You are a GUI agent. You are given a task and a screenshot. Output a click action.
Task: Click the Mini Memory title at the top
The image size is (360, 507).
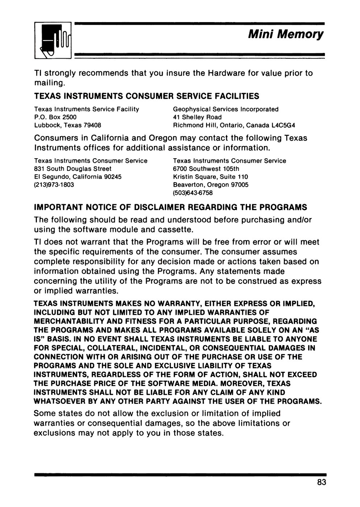tap(285, 35)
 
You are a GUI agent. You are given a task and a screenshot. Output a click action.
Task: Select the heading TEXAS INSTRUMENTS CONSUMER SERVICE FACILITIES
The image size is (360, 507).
tap(147, 96)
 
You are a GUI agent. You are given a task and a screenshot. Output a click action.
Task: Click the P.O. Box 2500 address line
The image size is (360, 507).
tap(55, 117)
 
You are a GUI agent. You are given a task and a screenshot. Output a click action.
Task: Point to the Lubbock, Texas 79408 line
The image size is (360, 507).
tap(67, 125)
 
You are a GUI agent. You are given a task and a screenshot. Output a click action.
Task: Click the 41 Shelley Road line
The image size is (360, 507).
tap(197, 117)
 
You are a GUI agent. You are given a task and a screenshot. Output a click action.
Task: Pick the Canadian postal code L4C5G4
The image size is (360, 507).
tap(283, 125)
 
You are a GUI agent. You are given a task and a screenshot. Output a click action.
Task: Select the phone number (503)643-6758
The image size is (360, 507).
tap(193, 193)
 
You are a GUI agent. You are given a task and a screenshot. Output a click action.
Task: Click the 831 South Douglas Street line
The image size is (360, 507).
tap(72, 169)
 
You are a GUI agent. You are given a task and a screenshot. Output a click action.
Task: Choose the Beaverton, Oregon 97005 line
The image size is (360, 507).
tap(211, 185)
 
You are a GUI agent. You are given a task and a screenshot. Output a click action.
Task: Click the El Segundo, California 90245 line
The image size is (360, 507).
tap(78, 177)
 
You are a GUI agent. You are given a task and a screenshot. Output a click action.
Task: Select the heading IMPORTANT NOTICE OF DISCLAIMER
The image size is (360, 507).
tap(170, 208)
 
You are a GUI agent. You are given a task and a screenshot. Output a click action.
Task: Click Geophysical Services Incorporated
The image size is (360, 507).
tap(226, 109)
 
